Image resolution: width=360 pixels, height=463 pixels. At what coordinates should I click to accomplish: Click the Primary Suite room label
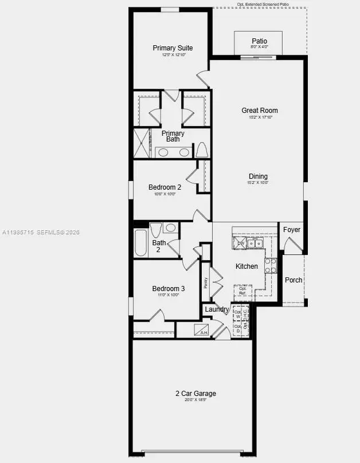tap(173, 48)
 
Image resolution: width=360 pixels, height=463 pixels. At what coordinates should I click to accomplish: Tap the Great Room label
tap(260, 111)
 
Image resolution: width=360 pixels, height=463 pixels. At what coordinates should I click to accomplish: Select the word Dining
tap(258, 176)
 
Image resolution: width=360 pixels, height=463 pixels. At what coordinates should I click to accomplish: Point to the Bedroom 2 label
tap(165, 187)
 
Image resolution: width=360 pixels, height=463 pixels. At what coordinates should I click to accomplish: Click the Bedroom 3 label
tap(168, 288)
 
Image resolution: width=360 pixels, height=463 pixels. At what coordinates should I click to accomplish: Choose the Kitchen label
tap(246, 266)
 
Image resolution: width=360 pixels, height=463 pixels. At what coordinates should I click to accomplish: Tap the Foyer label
tap(292, 230)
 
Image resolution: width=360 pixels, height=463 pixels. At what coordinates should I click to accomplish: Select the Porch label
tap(294, 280)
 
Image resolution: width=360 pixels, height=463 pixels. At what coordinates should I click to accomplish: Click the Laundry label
tap(217, 309)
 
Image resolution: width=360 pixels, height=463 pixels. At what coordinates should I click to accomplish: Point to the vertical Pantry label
tap(206, 282)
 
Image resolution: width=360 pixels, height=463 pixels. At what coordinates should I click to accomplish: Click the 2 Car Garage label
tap(195, 393)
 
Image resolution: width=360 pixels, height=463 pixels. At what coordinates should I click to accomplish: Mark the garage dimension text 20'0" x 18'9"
tap(195, 400)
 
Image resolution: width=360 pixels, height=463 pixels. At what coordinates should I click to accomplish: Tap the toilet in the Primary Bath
tap(201, 151)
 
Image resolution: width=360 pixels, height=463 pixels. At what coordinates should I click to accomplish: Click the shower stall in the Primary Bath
tap(141, 143)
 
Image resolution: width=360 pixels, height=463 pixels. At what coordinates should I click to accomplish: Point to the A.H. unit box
tap(201, 330)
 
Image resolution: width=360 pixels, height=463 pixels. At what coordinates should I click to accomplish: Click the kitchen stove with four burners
tap(271, 265)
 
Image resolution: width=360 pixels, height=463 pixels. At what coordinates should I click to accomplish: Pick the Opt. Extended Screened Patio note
tap(263, 4)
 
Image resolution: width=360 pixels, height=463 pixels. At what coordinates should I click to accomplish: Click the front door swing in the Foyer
tap(294, 246)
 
